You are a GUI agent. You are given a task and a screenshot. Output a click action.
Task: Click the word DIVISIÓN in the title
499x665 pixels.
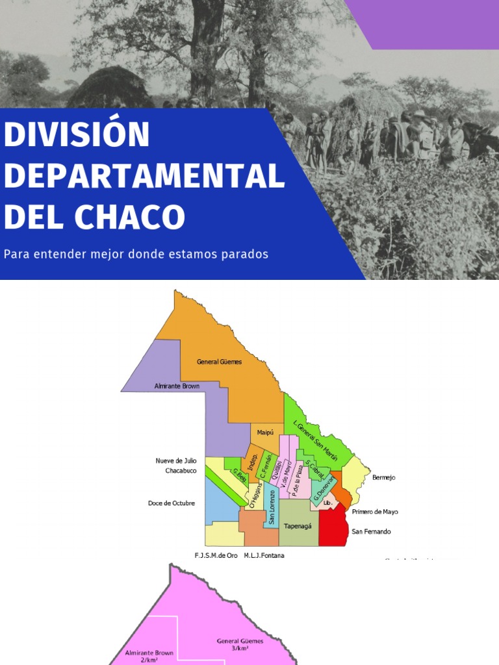[77, 134]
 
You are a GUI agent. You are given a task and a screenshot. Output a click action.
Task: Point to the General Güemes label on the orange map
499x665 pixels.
[219, 362]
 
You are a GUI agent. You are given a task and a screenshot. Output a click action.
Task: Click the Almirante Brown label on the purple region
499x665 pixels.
[177, 386]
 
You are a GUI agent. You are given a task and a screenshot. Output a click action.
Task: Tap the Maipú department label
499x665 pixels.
[266, 432]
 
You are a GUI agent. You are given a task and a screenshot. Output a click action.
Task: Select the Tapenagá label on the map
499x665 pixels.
[297, 525]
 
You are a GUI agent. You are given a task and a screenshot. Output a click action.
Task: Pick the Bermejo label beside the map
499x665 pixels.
[383, 477]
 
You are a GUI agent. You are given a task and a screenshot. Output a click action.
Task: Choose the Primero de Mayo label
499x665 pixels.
[375, 512]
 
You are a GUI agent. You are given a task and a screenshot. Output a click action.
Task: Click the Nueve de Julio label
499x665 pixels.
[175, 460]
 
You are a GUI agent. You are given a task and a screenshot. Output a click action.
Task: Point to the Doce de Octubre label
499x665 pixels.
[171, 503]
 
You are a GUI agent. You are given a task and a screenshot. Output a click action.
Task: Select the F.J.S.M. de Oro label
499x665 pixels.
[216, 555]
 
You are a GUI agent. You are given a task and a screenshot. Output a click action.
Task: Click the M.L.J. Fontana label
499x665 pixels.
[264, 555]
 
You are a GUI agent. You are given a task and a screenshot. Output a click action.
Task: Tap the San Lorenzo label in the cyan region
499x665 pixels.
[272, 507]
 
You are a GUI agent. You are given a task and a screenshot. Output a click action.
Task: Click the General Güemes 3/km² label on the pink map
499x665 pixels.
[240, 644]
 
